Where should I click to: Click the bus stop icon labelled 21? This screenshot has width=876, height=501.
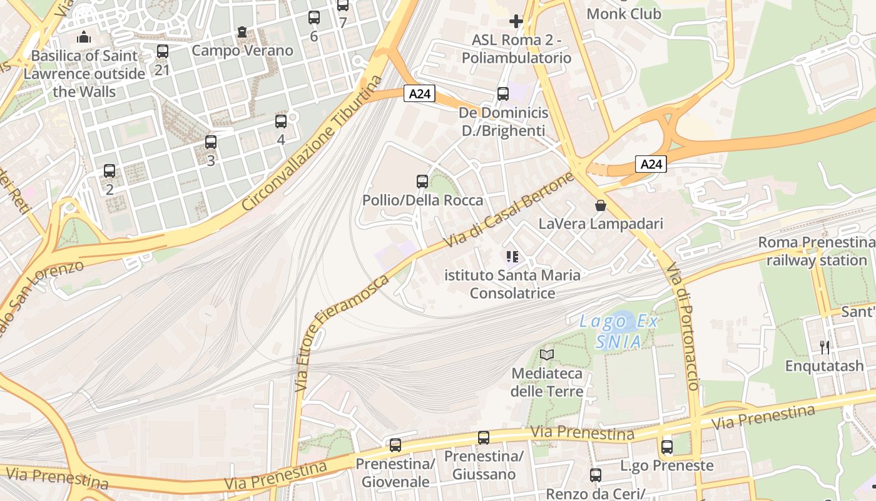tap(163, 51)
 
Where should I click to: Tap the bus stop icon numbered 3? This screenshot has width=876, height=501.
tap(211, 142)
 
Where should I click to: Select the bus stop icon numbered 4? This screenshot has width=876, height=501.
tap(281, 121)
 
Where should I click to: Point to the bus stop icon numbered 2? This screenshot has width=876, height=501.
tap(109, 170)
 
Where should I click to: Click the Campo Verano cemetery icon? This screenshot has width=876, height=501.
tap(242, 32)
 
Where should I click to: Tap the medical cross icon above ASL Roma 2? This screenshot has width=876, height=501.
tap(516, 22)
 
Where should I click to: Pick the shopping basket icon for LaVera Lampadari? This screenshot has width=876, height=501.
tap(601, 205)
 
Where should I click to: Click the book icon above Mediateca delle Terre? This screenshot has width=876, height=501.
tap(547, 355)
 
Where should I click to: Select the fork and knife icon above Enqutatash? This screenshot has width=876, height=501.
tap(825, 347)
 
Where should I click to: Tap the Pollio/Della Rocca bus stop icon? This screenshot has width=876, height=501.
tap(422, 182)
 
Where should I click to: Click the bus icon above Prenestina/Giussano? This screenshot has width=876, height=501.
tap(484, 438)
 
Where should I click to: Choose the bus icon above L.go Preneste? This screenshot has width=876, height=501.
tap(667, 447)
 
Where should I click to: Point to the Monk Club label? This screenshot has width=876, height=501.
tap(624, 13)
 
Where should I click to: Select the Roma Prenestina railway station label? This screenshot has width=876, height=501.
tap(817, 251)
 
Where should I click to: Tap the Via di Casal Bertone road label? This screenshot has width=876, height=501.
tap(508, 210)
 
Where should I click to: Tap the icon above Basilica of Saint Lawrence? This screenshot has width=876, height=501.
tap(84, 38)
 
